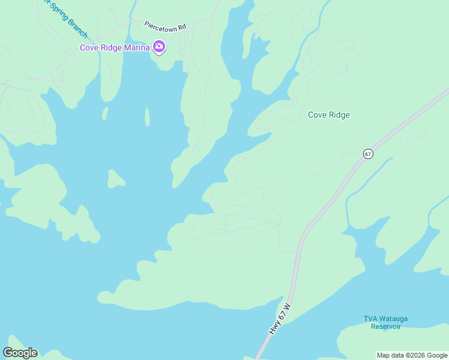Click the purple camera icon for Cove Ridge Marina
159,47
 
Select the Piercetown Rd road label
166,26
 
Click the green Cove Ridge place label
328,115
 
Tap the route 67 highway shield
368,154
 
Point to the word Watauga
391,319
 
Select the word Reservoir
385,326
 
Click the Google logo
20,353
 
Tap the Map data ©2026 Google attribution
412,355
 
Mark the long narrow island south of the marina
147,117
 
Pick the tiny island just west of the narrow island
105,113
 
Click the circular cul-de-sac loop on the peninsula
200,145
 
